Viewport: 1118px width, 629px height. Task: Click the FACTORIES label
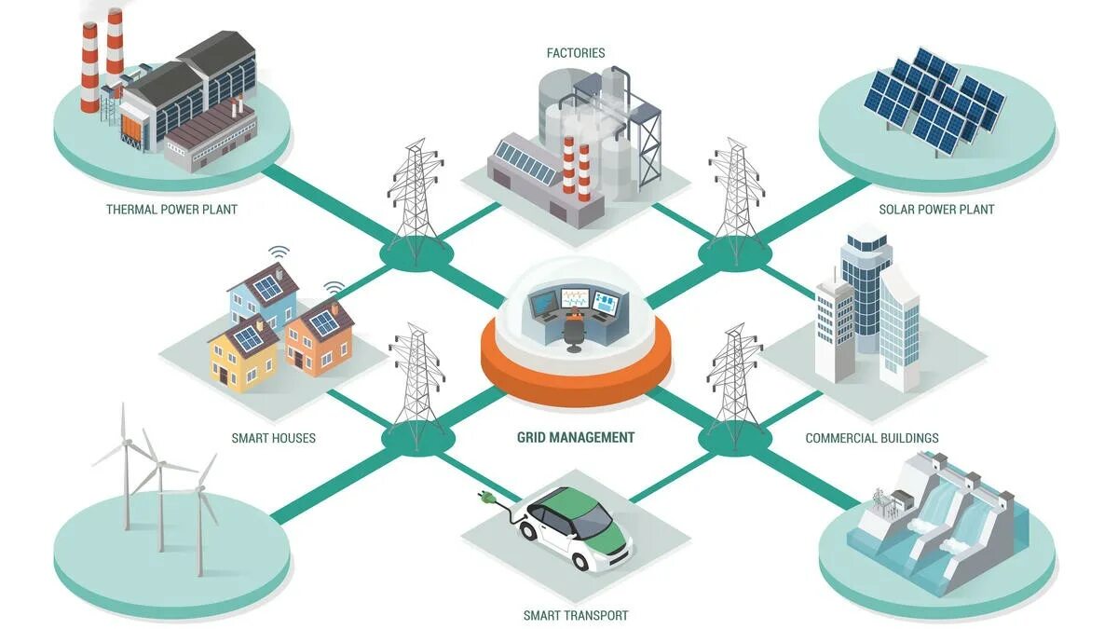pos(575,53)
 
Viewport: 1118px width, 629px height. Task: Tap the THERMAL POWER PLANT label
pos(171,210)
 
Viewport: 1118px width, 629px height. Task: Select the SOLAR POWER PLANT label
pos(936,210)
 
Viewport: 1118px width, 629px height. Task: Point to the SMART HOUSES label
pos(273,438)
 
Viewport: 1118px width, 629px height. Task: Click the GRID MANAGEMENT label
pos(576,437)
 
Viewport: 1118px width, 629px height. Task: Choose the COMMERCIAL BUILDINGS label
pos(871,438)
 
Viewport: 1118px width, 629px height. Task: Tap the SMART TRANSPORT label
pos(575,615)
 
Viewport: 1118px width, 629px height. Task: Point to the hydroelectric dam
pos(932,522)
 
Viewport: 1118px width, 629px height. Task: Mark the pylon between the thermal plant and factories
pos(415,200)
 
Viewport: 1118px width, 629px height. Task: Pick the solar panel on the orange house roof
pos(323,323)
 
